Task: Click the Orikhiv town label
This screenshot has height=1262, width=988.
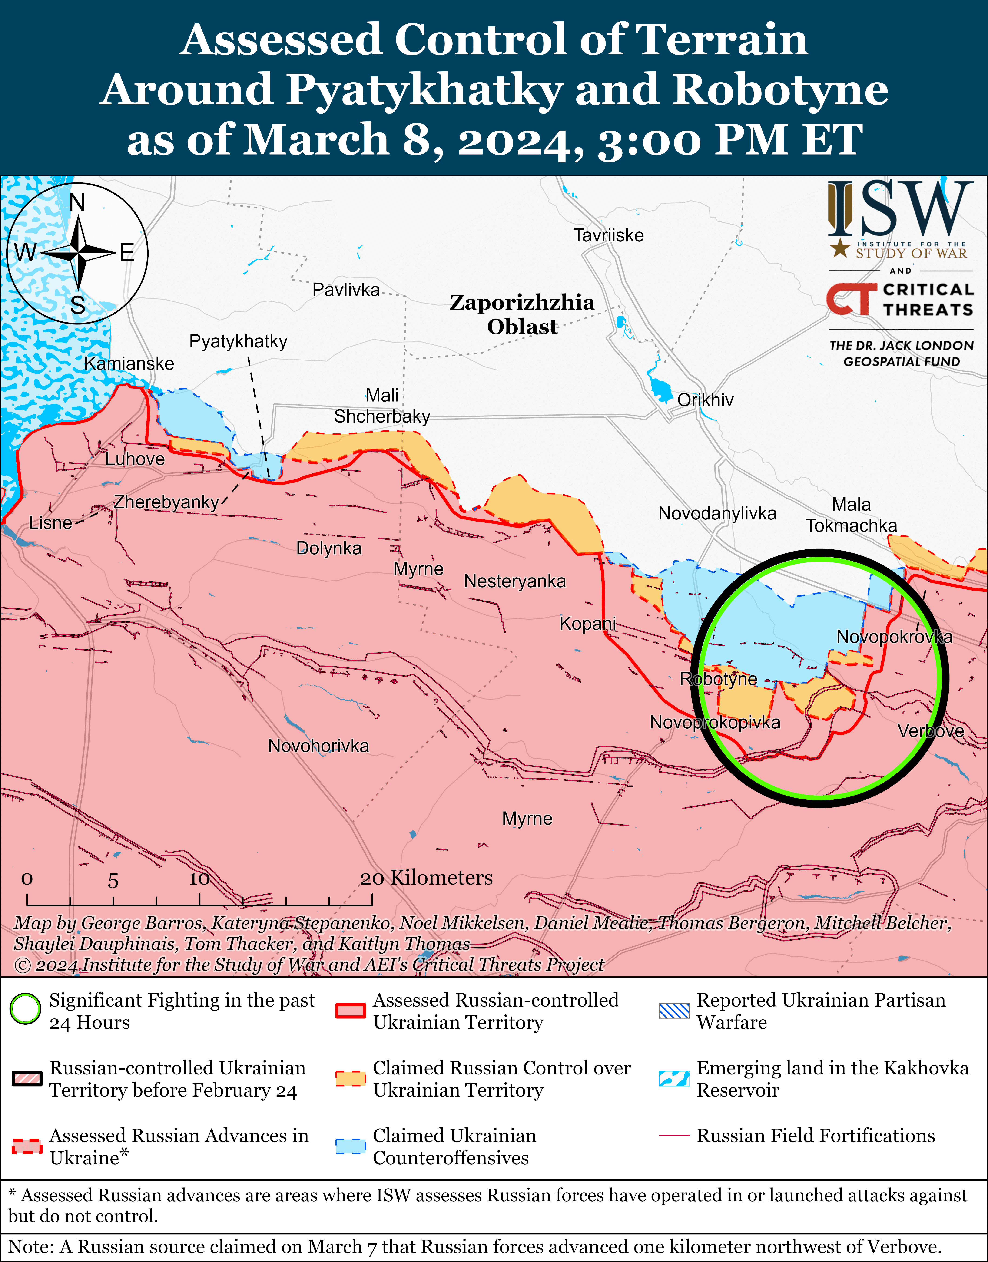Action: point(705,400)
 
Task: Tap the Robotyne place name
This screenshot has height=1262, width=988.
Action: point(718,679)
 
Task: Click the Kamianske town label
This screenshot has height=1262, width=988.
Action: point(129,364)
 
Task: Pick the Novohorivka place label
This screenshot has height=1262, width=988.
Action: point(318,746)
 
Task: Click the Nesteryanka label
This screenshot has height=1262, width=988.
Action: point(515,581)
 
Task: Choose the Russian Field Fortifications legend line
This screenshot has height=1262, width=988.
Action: point(674,1136)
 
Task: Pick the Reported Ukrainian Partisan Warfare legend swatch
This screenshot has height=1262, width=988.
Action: point(674,1010)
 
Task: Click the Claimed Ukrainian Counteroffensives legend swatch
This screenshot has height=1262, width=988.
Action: point(351,1146)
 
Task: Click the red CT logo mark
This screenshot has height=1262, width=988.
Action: point(850,299)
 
